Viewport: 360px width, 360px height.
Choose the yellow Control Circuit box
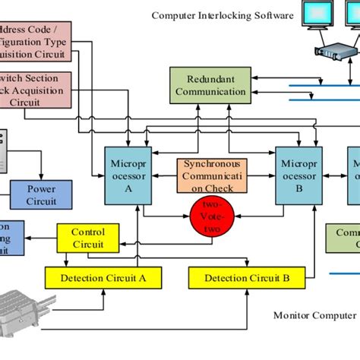point(88,238)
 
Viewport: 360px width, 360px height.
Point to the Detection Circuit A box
point(103,278)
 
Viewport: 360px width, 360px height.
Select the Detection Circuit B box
point(247,278)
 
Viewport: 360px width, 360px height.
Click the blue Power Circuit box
point(41,195)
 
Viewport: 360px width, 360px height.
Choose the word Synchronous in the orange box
point(210,165)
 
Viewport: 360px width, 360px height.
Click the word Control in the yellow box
point(88,232)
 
